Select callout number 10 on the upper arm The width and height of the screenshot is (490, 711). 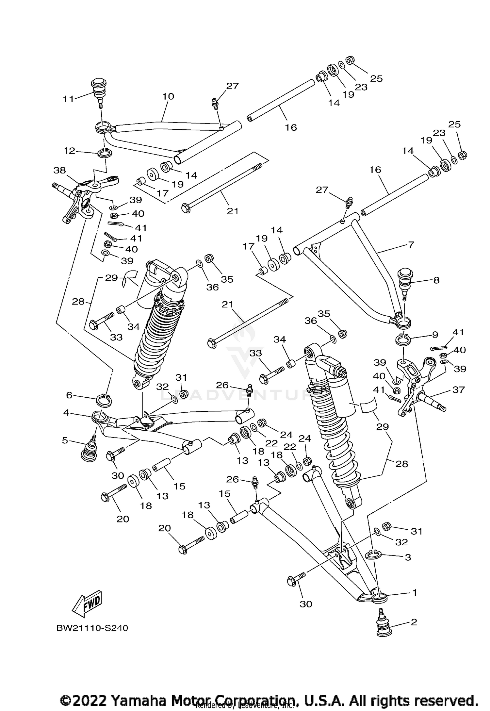pos(168,96)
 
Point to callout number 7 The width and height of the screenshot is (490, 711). pos(411,244)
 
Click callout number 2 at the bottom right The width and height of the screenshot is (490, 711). pos(414,622)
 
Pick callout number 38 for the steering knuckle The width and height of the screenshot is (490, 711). pos(60,170)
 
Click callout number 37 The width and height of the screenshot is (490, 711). pos(458,389)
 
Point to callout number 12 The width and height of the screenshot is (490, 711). pos(69,151)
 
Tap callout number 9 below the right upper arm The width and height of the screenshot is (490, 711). pos(435,335)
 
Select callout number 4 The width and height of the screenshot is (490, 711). pos(66,413)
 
